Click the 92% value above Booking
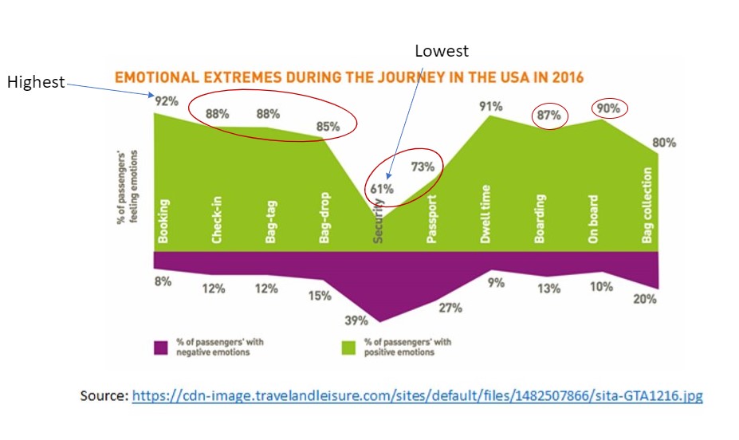166,102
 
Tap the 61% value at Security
381,189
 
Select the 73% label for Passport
423,167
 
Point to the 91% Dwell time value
492,104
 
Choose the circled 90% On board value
609,108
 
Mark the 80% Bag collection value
663,143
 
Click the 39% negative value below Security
356,320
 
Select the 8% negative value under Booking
163,281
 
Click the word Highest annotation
35,82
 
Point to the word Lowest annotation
442,51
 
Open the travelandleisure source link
417,395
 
